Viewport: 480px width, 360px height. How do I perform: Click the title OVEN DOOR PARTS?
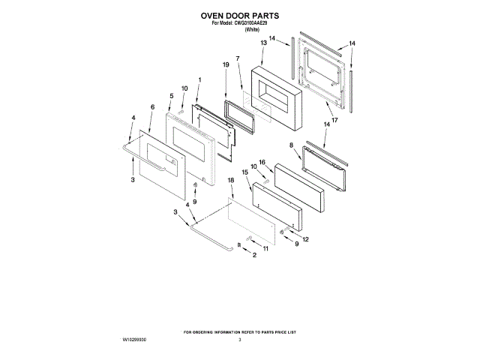[x=239, y=15]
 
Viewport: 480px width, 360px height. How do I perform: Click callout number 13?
[x=263, y=43]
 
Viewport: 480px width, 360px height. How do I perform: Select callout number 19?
[x=225, y=65]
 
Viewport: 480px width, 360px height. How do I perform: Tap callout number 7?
[x=237, y=58]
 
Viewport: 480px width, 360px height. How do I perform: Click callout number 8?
[x=291, y=144]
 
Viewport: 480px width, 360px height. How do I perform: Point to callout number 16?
[x=262, y=162]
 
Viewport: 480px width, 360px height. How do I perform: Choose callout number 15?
[x=245, y=172]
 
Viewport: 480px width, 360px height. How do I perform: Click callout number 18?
[x=231, y=181]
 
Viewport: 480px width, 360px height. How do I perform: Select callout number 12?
[x=305, y=239]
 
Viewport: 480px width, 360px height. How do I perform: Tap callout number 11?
[x=264, y=248]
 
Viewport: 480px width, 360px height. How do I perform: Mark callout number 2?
[x=253, y=256]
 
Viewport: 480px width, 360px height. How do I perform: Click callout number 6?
[x=152, y=108]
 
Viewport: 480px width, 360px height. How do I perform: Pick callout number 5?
[x=171, y=96]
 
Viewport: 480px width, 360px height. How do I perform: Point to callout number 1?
[x=199, y=79]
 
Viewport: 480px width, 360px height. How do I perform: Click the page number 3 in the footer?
[x=239, y=340]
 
